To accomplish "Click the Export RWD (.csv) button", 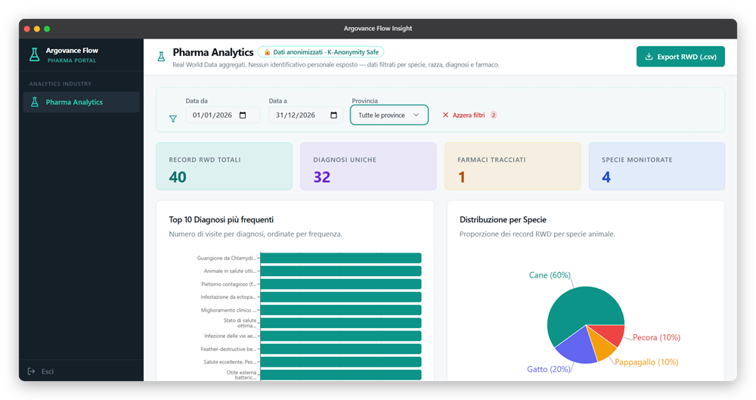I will (680, 57).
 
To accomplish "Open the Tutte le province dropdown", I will (389, 115).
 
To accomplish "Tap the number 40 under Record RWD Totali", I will (178, 177).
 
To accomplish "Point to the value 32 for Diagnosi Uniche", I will (322, 177).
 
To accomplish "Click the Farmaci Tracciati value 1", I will (461, 177).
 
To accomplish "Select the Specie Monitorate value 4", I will (606, 177).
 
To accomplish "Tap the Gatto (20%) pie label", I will (549, 370).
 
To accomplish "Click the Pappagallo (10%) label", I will (646, 362).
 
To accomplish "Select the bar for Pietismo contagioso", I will (340, 284).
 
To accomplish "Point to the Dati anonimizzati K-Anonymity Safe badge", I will (321, 52).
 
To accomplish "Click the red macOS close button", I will (27, 29).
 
